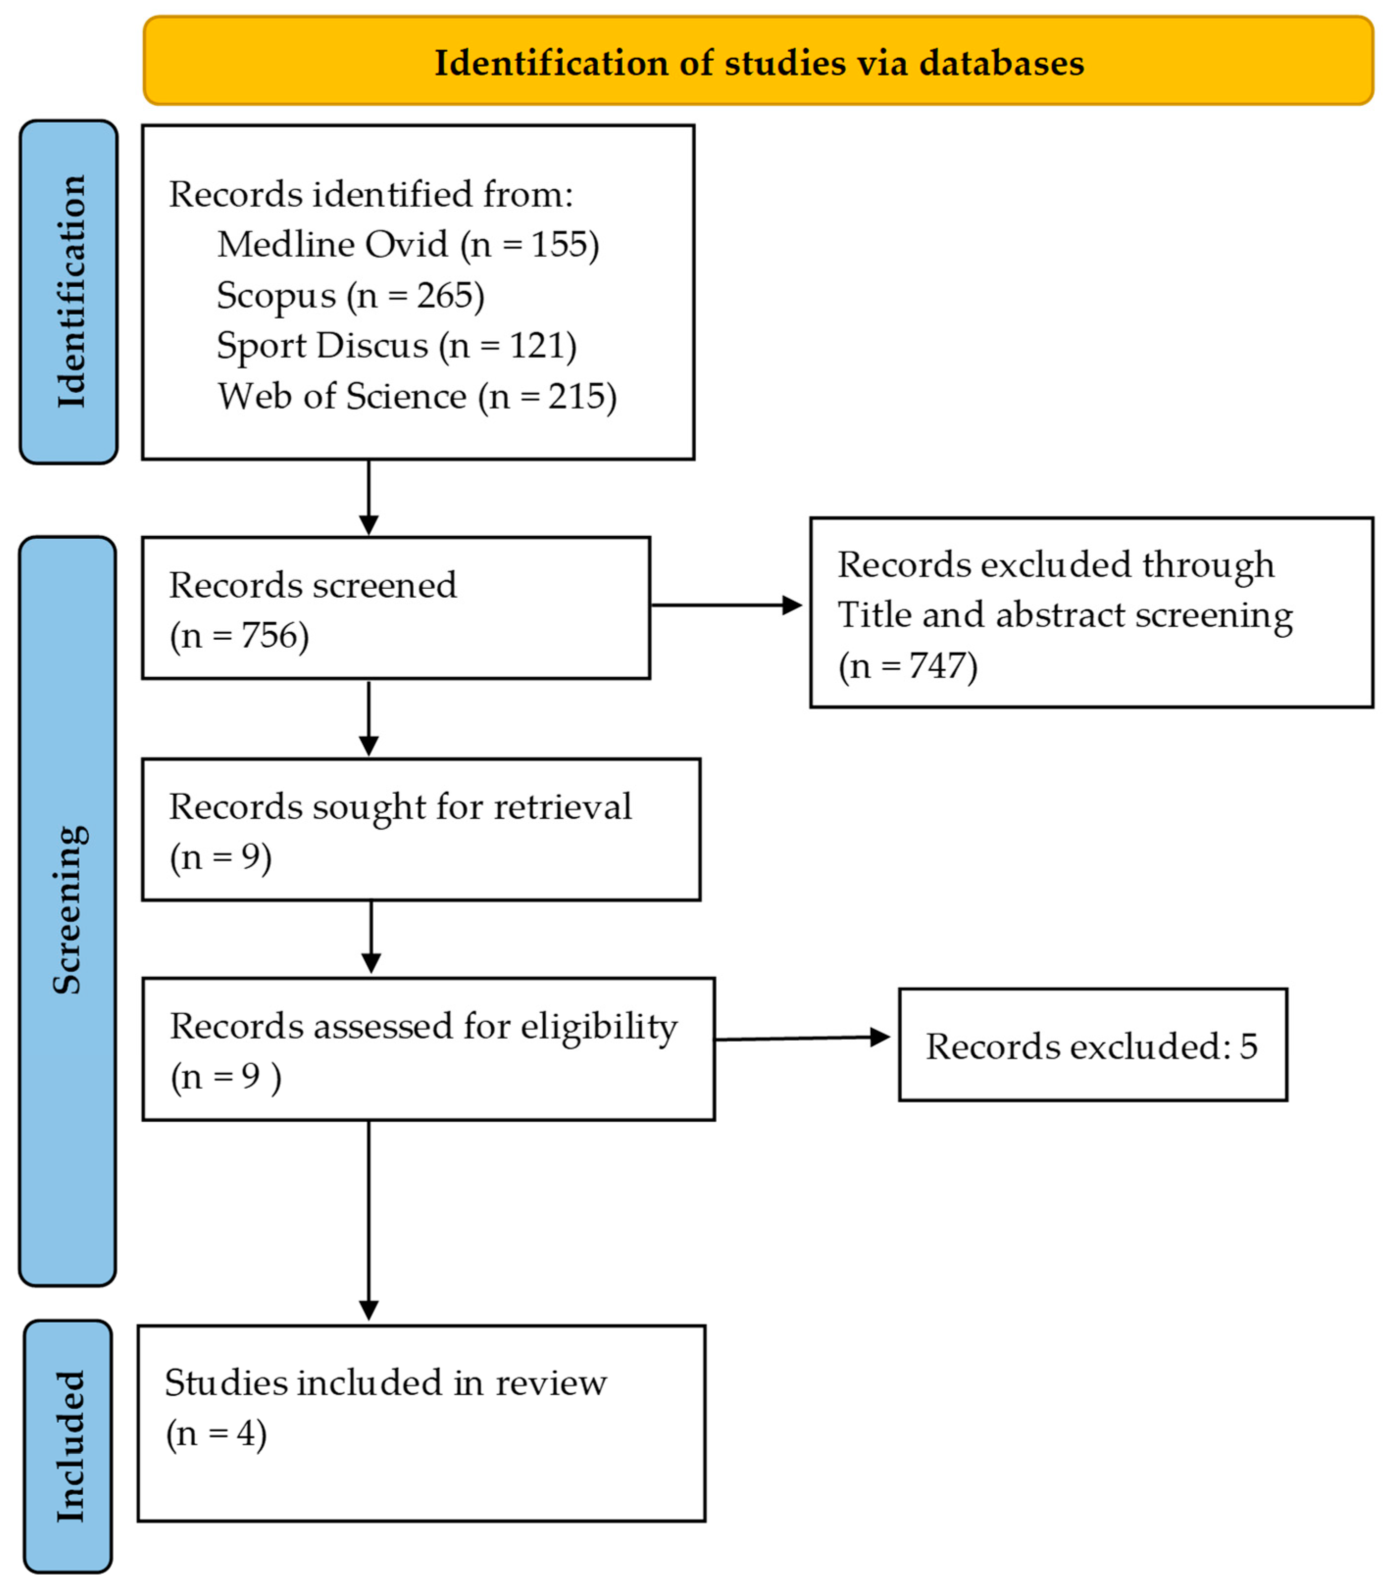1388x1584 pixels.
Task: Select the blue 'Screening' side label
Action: click(68, 910)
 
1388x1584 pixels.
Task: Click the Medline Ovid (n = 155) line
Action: click(408, 245)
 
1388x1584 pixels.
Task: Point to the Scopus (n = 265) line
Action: click(350, 295)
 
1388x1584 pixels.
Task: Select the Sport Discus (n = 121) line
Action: click(397, 346)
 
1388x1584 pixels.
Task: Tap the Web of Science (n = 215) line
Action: click(417, 397)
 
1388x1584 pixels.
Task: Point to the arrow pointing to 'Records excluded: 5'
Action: click(802, 1038)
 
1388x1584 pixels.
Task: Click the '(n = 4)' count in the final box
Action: click(216, 1433)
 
